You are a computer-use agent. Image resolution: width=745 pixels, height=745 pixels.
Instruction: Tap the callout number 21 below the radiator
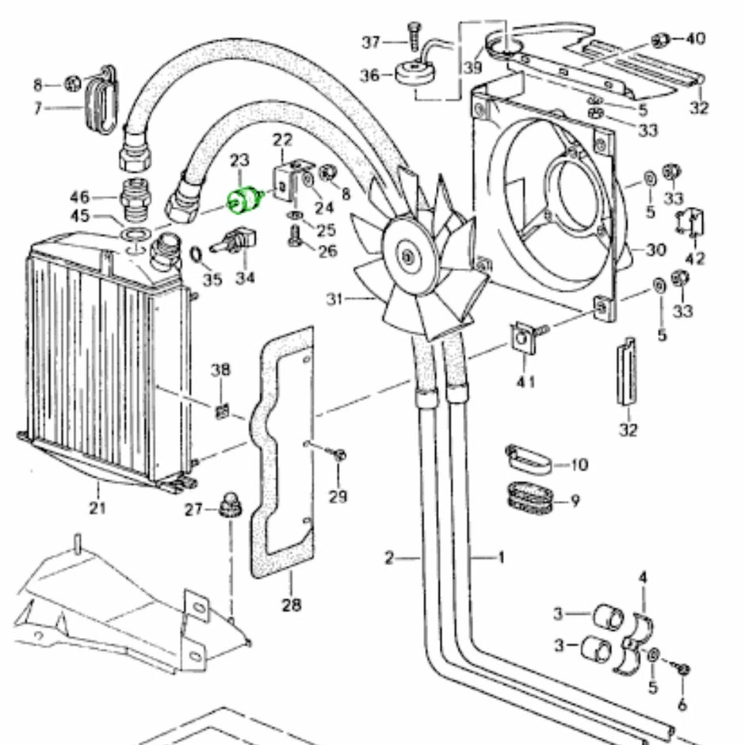97,507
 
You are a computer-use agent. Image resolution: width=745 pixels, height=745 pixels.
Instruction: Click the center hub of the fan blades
407,255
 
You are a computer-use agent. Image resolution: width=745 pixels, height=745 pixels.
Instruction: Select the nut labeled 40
658,40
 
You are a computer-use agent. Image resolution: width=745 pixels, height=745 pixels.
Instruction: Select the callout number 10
579,464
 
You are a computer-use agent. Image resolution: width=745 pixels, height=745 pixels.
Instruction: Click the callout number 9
575,500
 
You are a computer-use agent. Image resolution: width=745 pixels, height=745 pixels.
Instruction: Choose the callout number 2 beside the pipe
389,558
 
